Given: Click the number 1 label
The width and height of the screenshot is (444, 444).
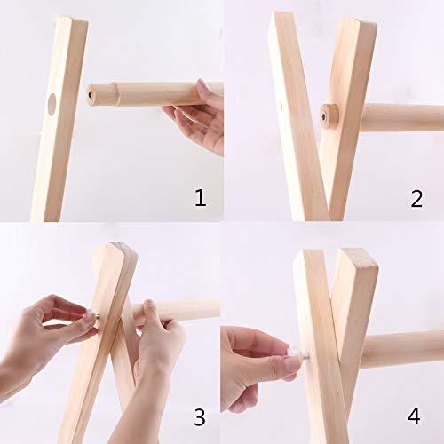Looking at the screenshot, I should point(200,197).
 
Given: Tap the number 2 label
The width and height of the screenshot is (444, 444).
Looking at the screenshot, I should point(416,198).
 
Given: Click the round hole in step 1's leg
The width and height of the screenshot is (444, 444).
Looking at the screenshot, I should point(52,104).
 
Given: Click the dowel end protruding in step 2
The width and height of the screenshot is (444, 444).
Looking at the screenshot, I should point(330,116).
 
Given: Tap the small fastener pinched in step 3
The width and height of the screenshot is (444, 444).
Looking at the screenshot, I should point(91,313).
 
